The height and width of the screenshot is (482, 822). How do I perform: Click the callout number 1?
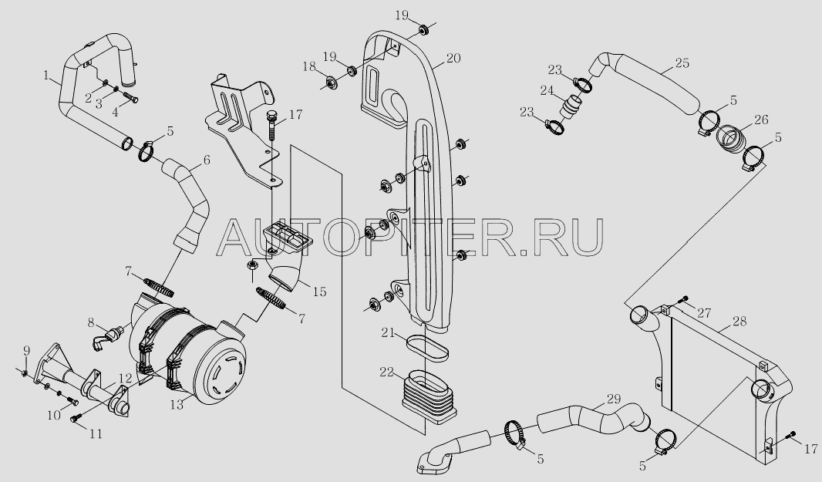point(47,76)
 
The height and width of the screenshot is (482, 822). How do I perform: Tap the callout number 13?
point(177,405)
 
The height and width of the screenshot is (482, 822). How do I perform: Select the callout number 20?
point(454,58)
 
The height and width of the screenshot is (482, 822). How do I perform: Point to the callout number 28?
point(739,321)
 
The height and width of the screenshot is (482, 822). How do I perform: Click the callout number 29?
point(614,399)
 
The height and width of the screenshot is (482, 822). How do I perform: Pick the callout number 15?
point(319,292)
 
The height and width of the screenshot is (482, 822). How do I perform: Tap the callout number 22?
point(387,372)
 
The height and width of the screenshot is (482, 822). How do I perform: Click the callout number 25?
point(682,63)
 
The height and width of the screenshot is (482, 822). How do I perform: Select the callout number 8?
point(91,322)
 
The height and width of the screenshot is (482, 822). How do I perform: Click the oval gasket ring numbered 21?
point(427,348)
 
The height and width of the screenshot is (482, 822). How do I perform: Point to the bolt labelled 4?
point(131,97)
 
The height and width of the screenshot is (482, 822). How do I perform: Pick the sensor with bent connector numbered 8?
point(107,337)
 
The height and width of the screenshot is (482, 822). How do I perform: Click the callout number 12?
point(125,378)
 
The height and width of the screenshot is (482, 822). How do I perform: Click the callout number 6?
point(207,160)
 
